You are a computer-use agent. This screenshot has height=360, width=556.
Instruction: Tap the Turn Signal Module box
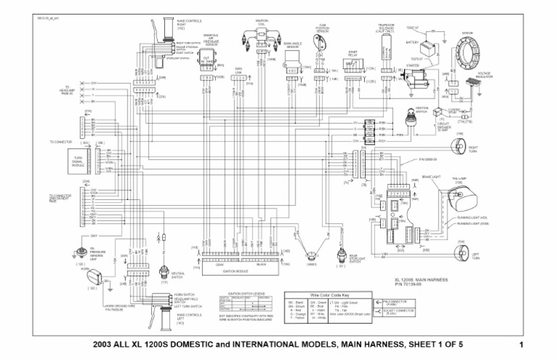click(78, 160)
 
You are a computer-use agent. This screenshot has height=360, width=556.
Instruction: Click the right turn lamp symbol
click(457, 148)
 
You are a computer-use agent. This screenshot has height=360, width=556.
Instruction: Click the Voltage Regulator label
click(486, 75)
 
